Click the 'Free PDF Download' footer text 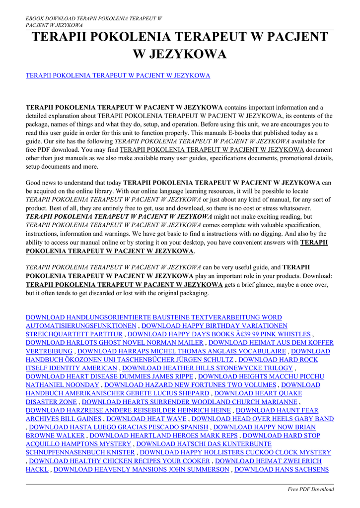(311, 489)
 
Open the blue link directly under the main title (118, 75)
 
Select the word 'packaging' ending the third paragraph (191, 293)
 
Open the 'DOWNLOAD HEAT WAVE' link (146, 419)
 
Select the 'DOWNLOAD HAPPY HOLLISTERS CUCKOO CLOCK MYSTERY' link (235, 452)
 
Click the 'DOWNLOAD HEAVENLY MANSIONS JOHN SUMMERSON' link (141, 469)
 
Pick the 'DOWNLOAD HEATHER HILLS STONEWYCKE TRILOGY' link (208, 368)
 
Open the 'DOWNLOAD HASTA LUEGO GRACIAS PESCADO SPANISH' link (119, 427)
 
